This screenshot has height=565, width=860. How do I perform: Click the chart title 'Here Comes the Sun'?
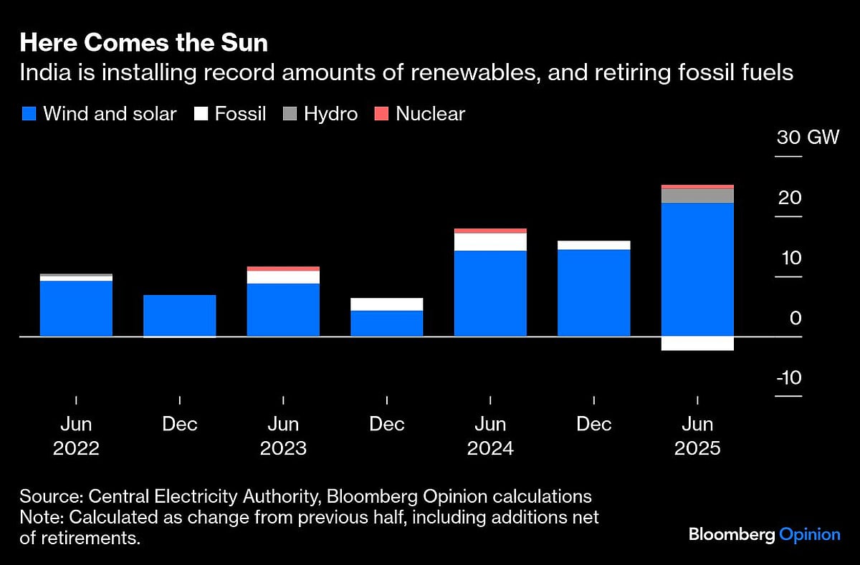(x=143, y=43)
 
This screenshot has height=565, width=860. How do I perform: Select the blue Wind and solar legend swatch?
(x=29, y=114)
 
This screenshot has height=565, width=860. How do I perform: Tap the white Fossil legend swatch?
(x=201, y=114)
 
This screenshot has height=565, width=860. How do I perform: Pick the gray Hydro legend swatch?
(x=290, y=114)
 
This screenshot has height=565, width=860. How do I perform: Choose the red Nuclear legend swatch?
(x=382, y=114)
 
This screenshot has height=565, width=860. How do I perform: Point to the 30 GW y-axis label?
(x=808, y=137)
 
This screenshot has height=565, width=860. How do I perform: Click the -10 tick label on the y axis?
(x=789, y=378)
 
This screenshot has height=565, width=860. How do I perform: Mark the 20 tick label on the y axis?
(x=790, y=198)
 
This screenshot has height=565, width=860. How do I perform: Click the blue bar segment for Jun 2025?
(x=697, y=269)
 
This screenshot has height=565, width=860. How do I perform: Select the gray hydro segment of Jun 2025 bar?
(x=697, y=195)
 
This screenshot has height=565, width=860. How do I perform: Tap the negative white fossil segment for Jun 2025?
(x=697, y=343)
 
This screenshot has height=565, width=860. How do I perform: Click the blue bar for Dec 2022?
(x=179, y=315)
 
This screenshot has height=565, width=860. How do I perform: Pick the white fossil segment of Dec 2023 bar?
(x=386, y=304)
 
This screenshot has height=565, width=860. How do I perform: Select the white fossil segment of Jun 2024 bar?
(x=490, y=242)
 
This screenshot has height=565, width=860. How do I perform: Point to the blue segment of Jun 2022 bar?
(x=76, y=309)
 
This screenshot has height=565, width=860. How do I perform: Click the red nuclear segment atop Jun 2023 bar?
(x=283, y=269)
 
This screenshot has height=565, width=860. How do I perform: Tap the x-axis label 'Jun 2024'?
(x=490, y=436)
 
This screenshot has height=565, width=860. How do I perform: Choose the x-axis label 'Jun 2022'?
(x=76, y=436)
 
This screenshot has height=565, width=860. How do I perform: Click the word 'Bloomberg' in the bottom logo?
(x=731, y=534)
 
